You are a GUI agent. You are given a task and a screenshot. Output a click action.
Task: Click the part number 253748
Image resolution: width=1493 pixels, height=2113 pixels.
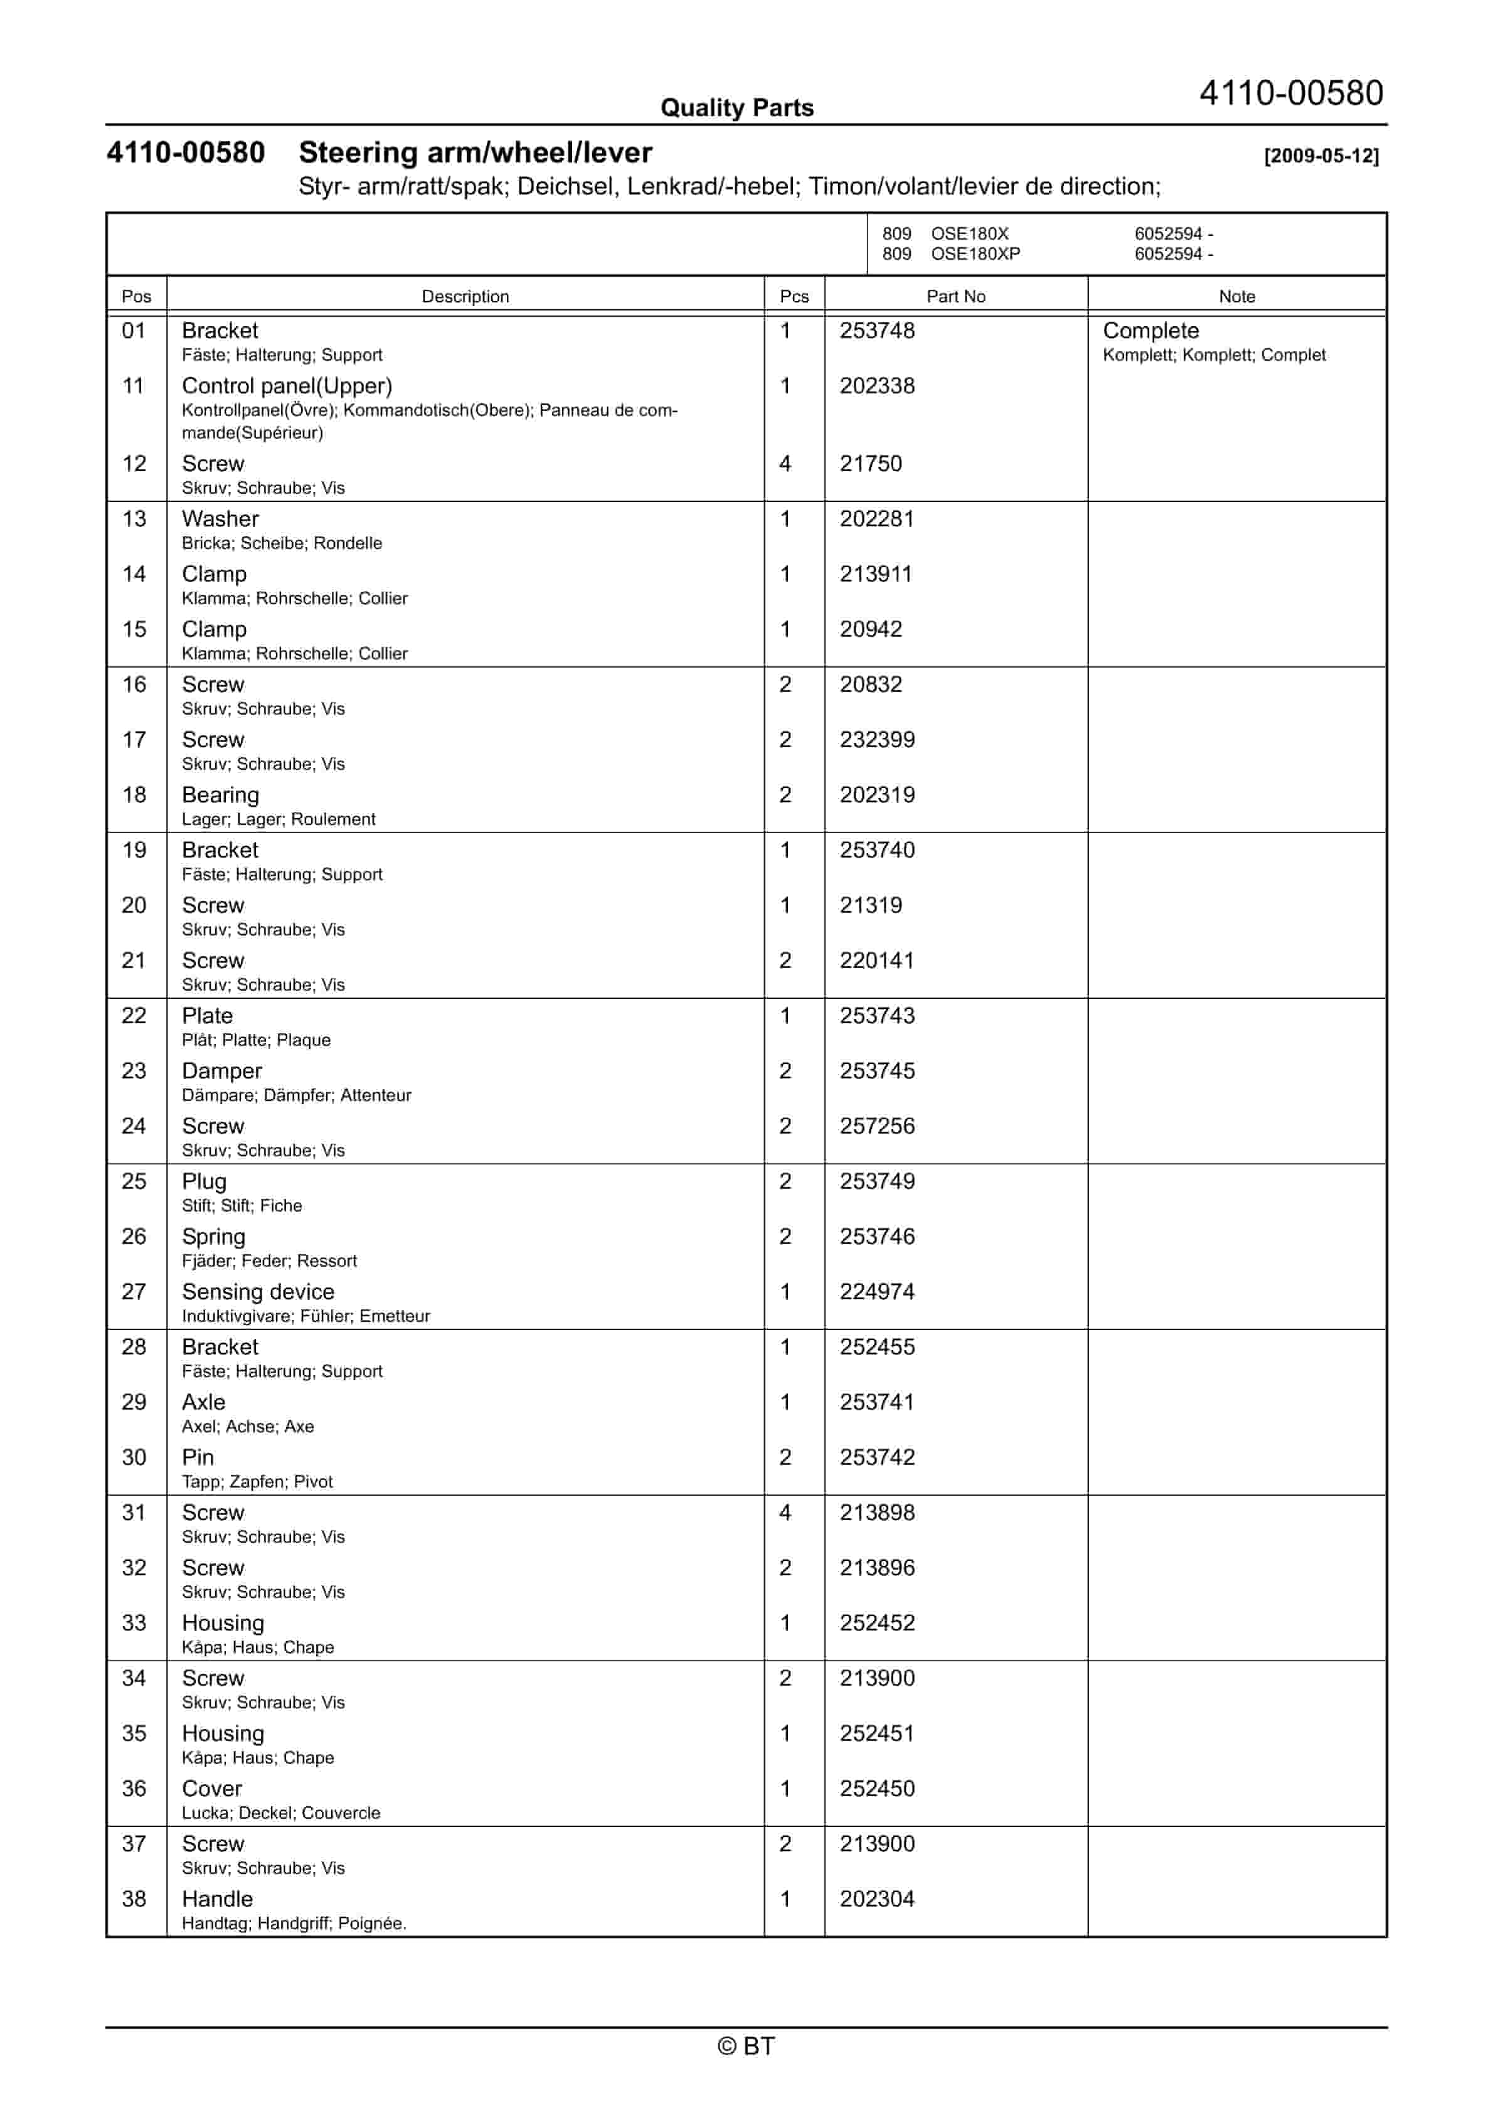(x=876, y=331)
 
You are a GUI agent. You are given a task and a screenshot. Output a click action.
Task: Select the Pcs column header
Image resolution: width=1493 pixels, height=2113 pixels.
(x=794, y=296)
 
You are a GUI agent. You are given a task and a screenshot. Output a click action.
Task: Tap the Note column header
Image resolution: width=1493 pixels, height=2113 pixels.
(x=1236, y=296)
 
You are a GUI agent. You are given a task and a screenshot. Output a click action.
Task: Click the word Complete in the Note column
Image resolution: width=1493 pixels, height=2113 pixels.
(x=1150, y=331)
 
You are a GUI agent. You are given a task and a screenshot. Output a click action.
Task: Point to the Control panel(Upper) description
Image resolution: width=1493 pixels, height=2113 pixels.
(x=286, y=386)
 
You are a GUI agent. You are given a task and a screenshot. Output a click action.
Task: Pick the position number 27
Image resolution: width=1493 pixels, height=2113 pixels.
(x=134, y=1291)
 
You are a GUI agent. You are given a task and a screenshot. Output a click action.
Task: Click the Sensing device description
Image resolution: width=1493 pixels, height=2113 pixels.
(x=258, y=1291)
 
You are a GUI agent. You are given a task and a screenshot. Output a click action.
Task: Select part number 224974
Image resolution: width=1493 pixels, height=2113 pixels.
(x=876, y=1291)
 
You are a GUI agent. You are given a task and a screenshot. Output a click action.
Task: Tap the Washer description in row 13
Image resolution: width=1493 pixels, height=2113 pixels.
(x=220, y=518)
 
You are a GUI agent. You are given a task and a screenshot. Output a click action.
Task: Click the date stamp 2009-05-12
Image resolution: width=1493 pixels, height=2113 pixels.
(x=1321, y=156)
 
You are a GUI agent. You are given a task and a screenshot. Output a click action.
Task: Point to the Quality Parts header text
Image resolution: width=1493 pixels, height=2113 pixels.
(x=736, y=108)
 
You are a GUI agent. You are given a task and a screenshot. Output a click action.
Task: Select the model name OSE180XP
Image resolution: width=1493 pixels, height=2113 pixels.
(x=975, y=254)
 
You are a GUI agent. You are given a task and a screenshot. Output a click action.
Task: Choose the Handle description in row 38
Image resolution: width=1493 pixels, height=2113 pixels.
(x=217, y=1898)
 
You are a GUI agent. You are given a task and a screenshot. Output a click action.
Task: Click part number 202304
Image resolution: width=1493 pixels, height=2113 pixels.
(x=876, y=1898)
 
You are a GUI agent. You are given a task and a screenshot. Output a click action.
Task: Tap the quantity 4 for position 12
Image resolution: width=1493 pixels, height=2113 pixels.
(x=785, y=463)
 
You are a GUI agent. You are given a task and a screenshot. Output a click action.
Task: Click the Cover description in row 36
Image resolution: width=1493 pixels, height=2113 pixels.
(x=211, y=1788)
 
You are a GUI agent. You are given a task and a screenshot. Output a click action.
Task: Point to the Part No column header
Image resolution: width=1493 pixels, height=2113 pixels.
(x=955, y=296)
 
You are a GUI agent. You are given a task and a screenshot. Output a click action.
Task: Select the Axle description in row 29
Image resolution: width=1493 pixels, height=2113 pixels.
(x=203, y=1402)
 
